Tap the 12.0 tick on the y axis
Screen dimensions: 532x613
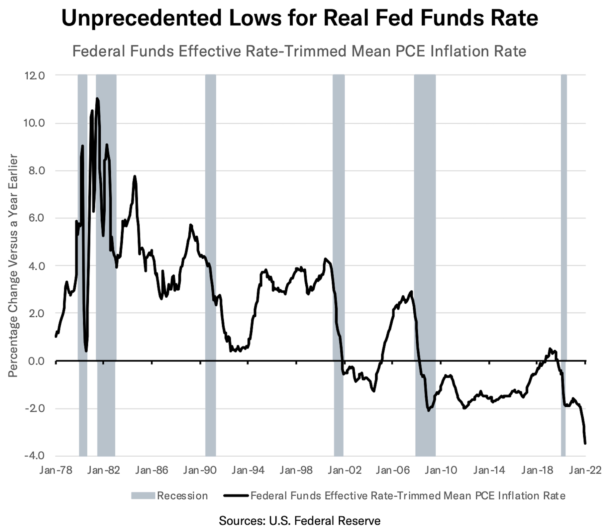click(34, 76)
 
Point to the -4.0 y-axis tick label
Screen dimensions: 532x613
click(34, 456)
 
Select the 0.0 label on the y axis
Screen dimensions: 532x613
click(36, 361)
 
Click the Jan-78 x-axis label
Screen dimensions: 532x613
click(56, 470)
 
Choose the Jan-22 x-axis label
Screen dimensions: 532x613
click(585, 470)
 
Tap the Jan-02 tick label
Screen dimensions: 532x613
click(345, 470)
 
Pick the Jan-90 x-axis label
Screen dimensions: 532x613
click(200, 470)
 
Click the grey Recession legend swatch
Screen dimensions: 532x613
click(143, 496)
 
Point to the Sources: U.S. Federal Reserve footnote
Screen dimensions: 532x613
click(299, 520)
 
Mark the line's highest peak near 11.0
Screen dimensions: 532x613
click(97, 99)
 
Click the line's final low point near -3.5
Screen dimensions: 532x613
click(585, 443)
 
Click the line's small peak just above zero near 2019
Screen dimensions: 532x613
click(550, 349)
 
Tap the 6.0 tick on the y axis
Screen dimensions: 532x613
click(36, 218)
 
